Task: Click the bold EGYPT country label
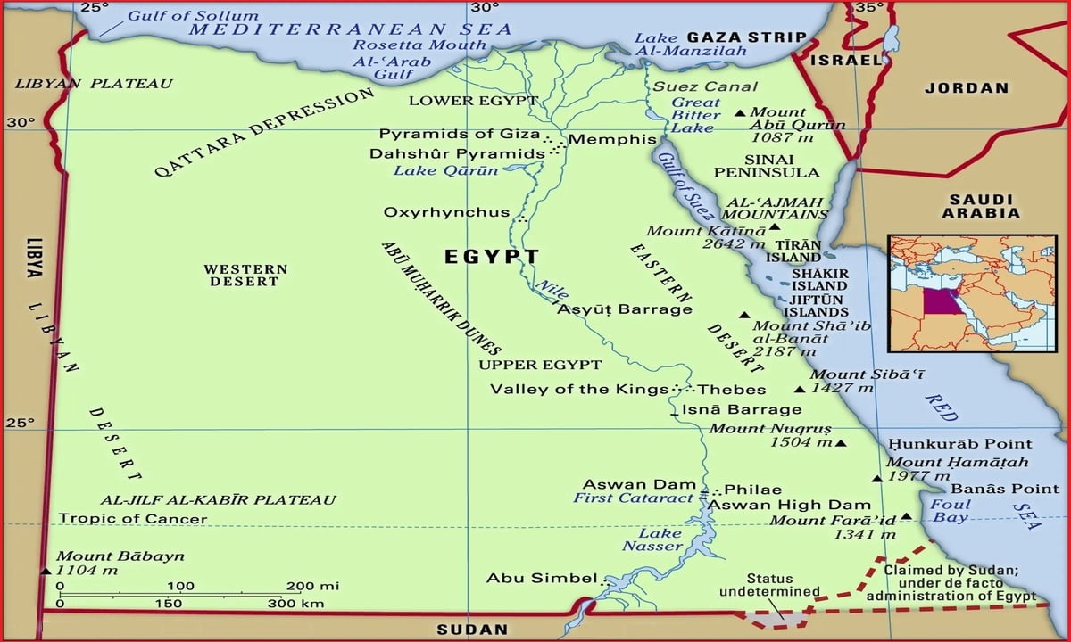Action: (492, 258)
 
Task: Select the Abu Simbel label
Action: (540, 578)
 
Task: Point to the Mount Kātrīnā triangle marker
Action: (774, 227)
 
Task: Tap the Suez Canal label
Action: (705, 86)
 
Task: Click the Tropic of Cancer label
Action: (132, 518)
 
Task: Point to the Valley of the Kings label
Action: (579, 390)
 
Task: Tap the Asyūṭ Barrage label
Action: (625, 309)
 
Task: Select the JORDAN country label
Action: (966, 87)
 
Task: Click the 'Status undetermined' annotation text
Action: (769, 585)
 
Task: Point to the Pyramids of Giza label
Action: (459, 134)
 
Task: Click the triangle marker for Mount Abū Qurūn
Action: (740, 112)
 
